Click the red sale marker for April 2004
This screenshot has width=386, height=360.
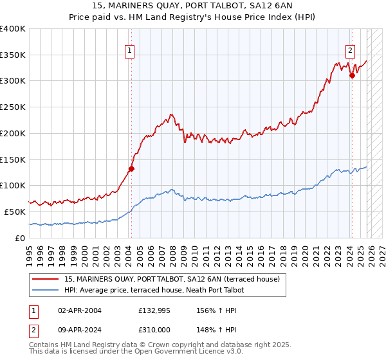pos(131,169)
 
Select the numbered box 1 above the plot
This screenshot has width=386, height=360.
pos(130,51)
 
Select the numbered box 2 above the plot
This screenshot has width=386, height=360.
pos(351,51)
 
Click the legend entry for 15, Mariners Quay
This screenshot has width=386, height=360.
pos(172,280)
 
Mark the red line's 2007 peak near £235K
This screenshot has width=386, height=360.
pos(171,115)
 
